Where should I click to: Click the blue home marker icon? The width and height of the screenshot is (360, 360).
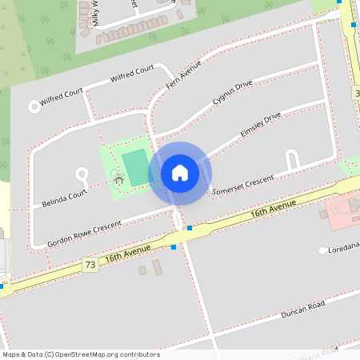180,173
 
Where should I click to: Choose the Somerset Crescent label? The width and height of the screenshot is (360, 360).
243,184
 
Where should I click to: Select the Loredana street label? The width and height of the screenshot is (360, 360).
344,250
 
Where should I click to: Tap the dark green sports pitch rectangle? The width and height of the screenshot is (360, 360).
136,166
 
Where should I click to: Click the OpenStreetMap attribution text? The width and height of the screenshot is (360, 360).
80,354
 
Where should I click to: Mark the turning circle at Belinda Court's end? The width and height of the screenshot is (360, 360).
81,173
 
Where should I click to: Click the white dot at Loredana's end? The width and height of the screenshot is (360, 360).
323,250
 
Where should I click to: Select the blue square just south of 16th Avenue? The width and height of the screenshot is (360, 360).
174,246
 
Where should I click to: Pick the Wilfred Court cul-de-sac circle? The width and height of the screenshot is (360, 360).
34,105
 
